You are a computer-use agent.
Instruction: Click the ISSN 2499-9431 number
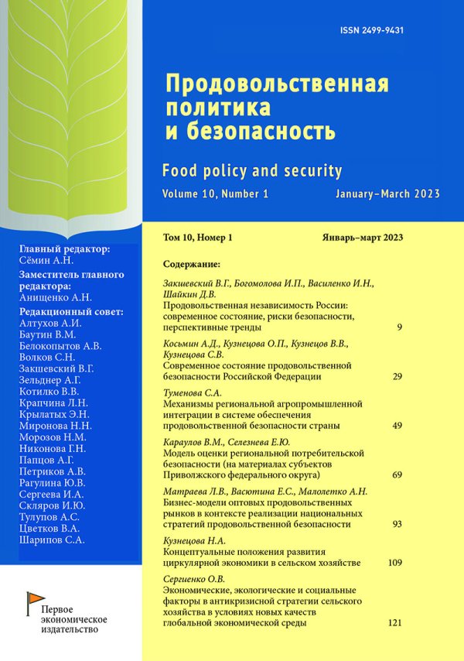point(373,30)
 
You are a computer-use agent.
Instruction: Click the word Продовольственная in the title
point(278,81)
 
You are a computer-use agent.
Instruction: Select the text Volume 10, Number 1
point(216,194)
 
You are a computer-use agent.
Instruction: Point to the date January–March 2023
point(387,194)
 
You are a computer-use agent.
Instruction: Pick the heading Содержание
point(193,263)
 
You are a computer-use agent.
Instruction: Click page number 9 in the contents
point(399,328)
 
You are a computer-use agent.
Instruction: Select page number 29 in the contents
point(397,376)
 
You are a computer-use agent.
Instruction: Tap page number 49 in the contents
point(397,425)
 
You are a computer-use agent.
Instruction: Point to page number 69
point(397,473)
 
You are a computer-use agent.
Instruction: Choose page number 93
point(397,524)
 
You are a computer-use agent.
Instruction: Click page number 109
point(394,561)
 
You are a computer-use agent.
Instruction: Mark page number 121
point(394,622)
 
